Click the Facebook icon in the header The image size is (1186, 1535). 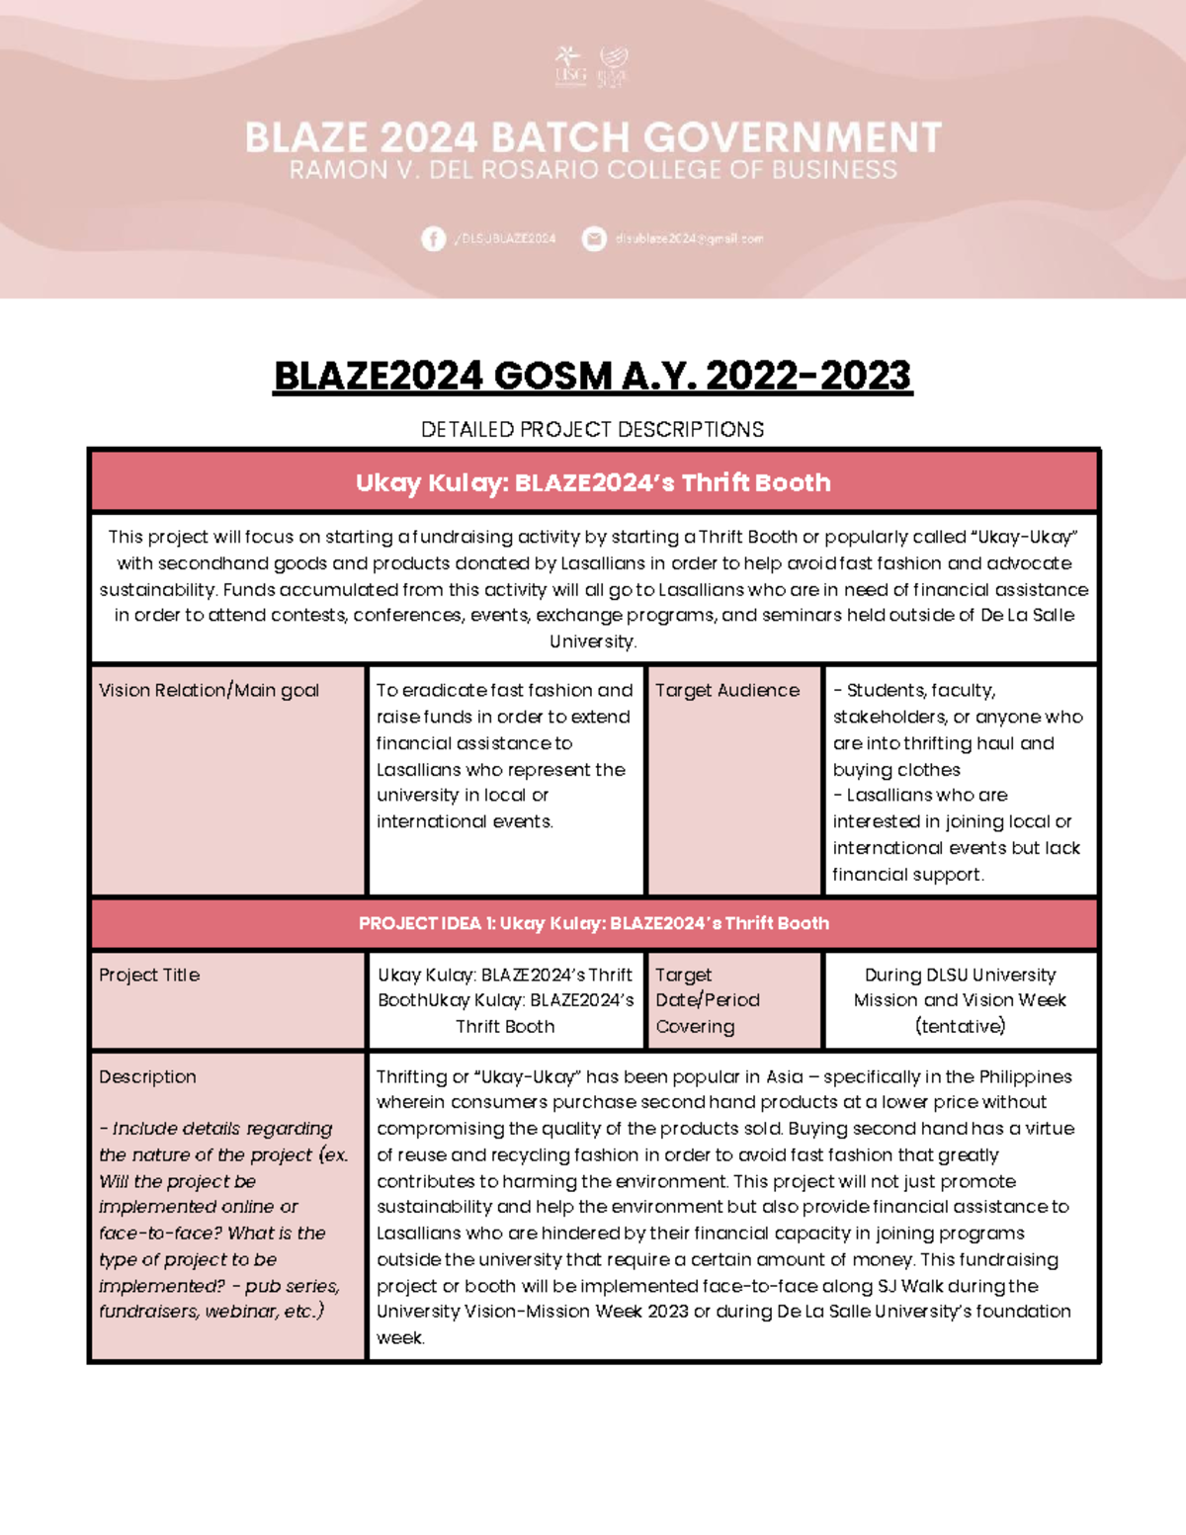pos(433,238)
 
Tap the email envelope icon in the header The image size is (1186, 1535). pos(594,238)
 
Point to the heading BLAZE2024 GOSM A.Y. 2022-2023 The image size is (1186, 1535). pos(593,376)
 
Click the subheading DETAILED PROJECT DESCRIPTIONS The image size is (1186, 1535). pos(593,430)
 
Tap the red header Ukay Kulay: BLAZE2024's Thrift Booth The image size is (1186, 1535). pos(593,482)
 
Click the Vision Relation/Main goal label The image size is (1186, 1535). pos(209,691)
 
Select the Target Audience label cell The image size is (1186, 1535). pos(727,691)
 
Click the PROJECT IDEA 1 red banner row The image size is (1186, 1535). pos(593,923)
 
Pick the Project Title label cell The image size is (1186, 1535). pos(149,976)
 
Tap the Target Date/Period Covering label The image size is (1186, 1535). pos(708,1000)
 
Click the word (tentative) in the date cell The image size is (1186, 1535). pos(960,1027)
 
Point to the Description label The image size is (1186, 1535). pos(147,1077)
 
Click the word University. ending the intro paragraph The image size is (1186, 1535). pos(593,641)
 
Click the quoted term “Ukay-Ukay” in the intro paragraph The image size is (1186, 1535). pos(1025,538)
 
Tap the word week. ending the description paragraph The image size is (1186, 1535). pos(400,1338)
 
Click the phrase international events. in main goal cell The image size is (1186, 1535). pos(465,822)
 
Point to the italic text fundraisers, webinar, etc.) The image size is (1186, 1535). pos(212,1312)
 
